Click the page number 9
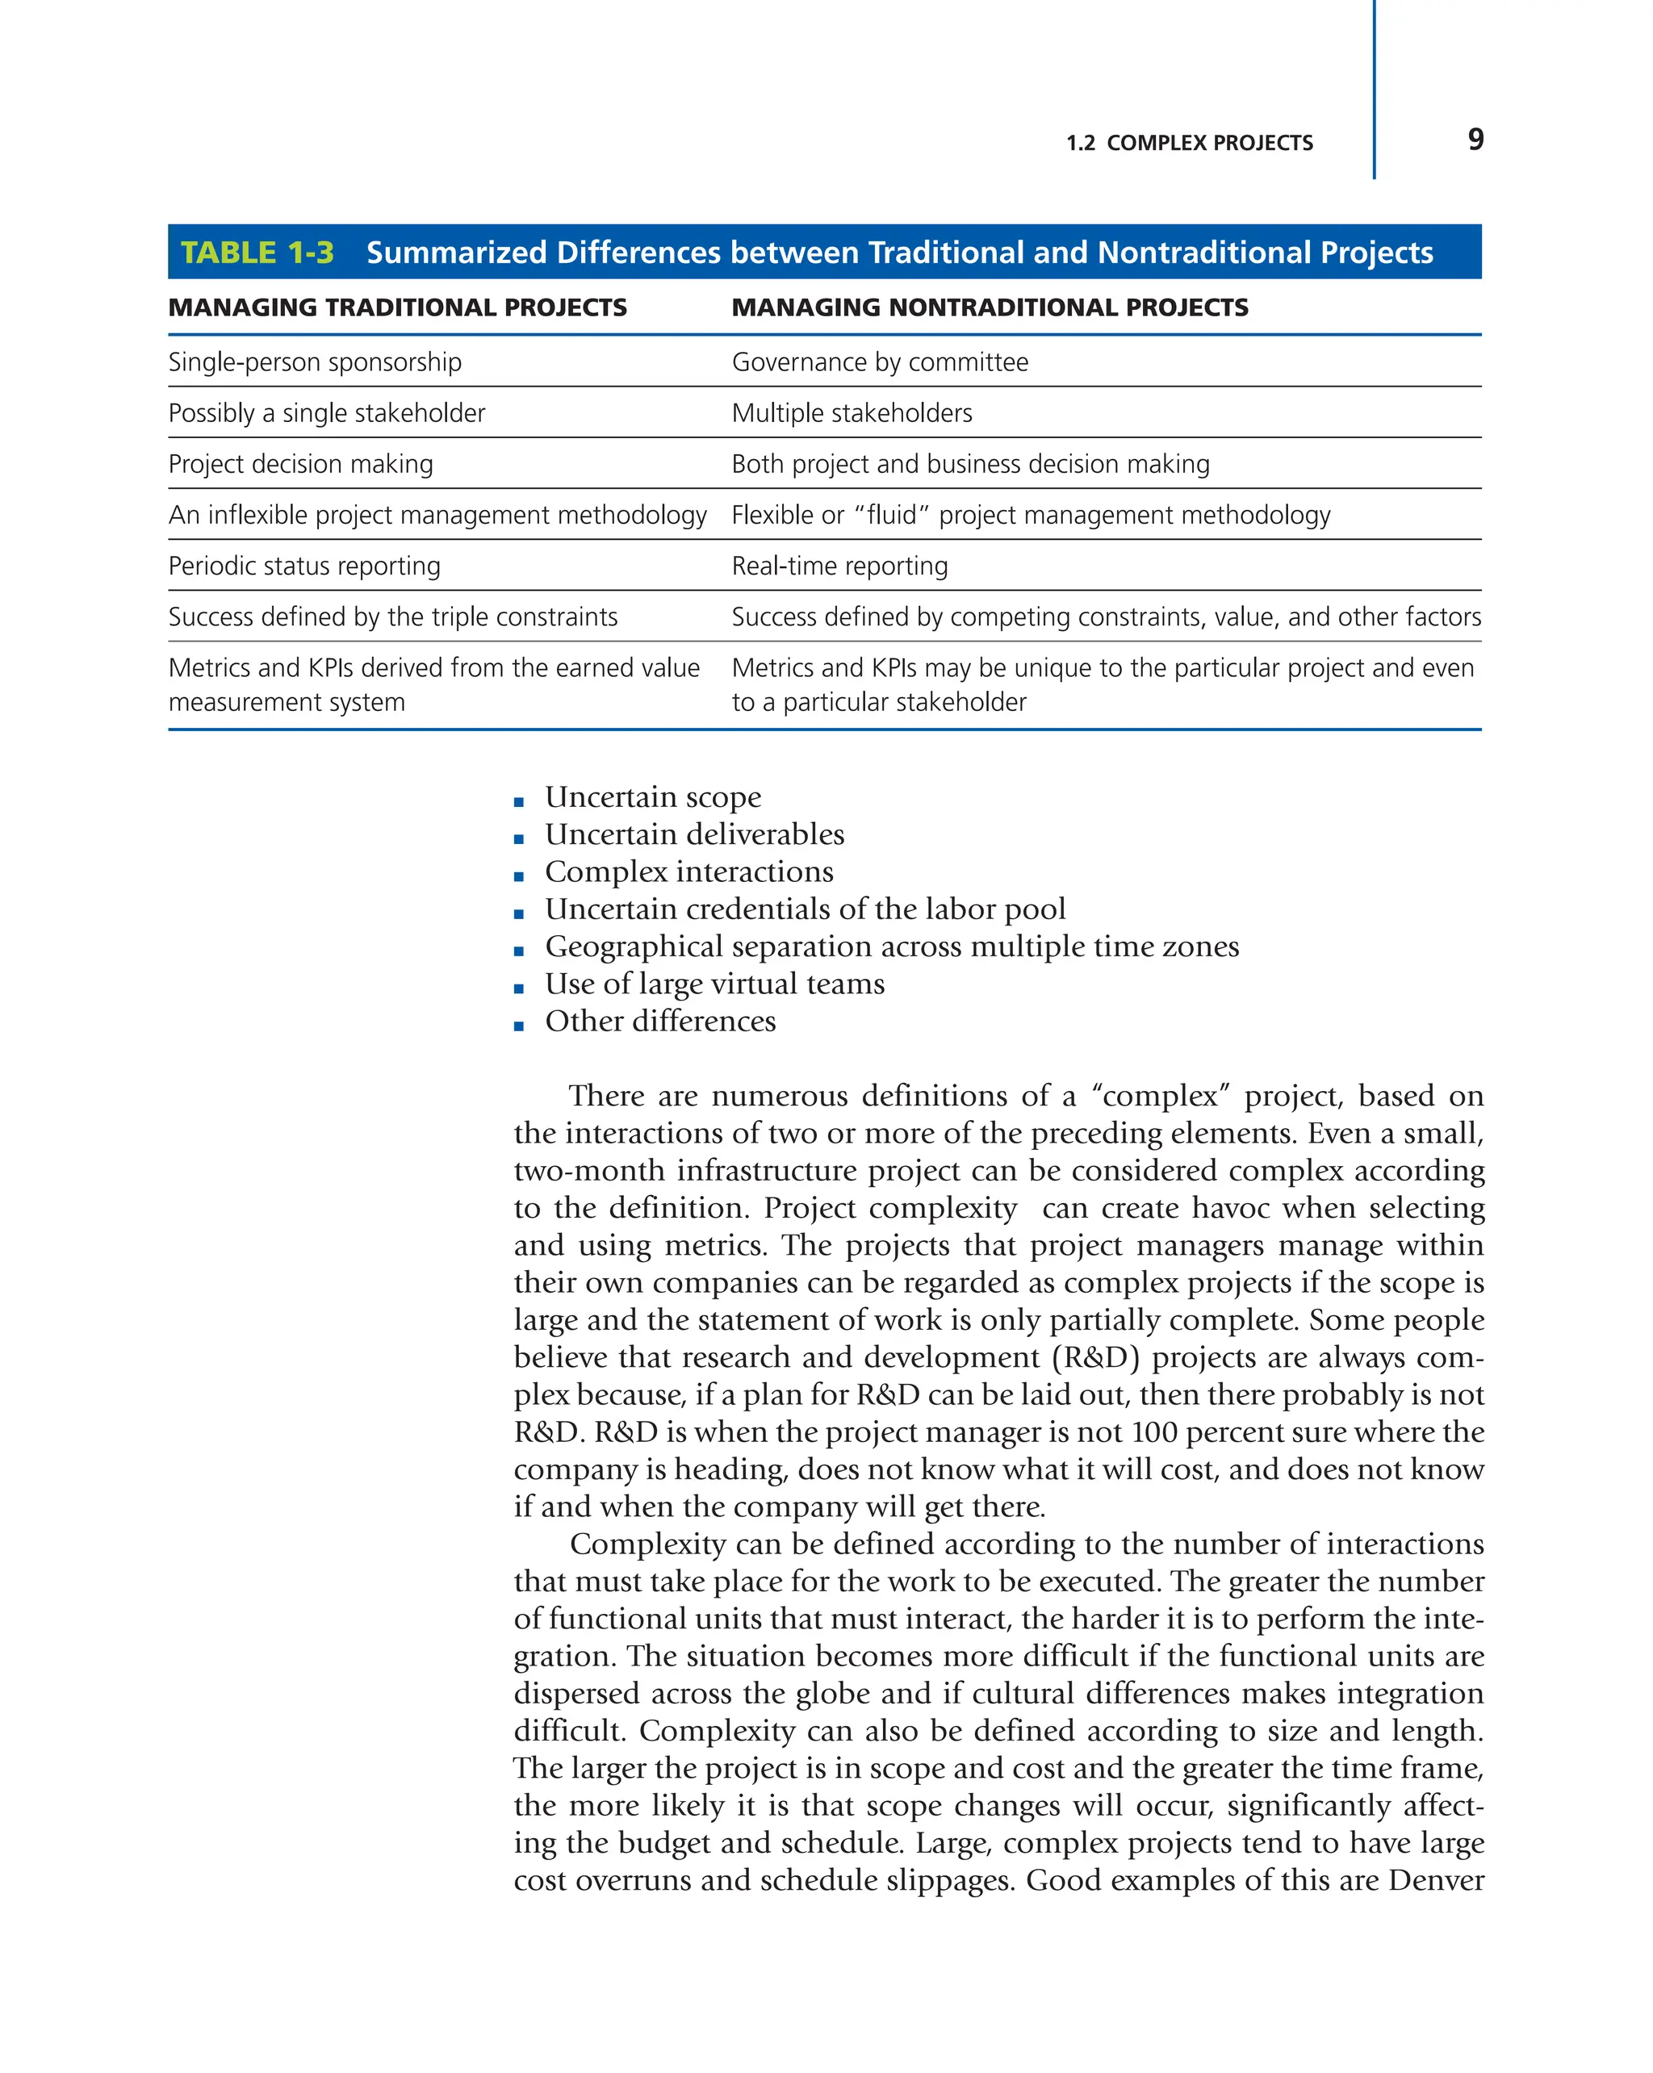pos(1475,140)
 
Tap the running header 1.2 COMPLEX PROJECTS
pos(1189,144)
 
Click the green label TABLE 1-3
pos(257,252)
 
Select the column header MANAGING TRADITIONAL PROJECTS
pos(397,307)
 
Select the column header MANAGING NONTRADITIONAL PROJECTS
pos(990,307)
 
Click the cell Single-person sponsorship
pos(315,362)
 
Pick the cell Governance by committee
pos(879,362)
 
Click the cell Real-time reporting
pos(839,566)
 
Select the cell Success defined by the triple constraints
pos(392,617)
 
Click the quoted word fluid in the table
pos(891,516)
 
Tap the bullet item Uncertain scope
pos(652,797)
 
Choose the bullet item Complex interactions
pos(688,872)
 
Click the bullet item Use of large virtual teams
pos(714,984)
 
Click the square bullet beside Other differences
pos(519,1026)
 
